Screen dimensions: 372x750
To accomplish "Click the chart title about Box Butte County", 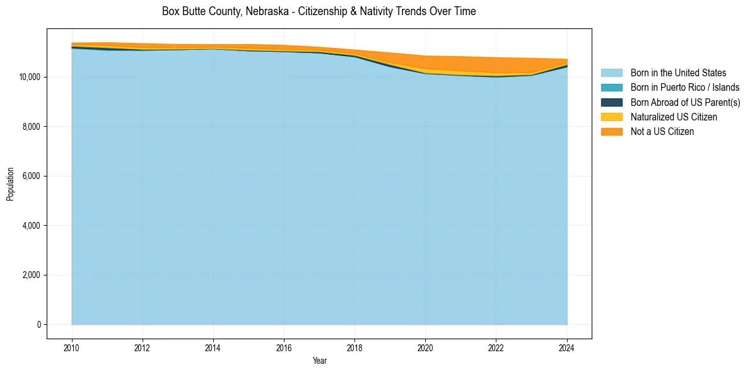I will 319,11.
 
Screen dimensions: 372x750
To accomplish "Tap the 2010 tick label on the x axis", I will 72,346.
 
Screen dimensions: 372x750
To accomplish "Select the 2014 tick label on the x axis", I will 213,346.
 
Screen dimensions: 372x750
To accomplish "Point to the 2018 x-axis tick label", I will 354,346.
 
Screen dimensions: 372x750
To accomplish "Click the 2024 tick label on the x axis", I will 567,346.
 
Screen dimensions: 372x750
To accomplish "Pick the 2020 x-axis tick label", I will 426,346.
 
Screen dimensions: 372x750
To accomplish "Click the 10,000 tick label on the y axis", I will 28,77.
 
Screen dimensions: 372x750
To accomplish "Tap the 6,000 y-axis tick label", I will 30,176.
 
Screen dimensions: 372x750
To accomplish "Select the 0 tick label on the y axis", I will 38,325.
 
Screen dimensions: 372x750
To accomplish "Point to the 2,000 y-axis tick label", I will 30,275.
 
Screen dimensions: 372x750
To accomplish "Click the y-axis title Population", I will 10,184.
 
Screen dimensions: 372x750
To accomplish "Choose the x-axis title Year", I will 319,361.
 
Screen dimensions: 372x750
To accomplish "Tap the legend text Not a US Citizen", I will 662,132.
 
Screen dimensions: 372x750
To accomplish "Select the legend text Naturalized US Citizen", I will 674,117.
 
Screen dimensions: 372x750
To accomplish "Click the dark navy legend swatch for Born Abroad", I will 611,102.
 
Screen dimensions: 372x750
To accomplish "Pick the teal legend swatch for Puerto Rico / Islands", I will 611,88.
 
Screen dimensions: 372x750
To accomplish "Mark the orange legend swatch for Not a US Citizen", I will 611,132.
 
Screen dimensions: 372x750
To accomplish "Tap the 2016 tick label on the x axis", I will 284,346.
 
